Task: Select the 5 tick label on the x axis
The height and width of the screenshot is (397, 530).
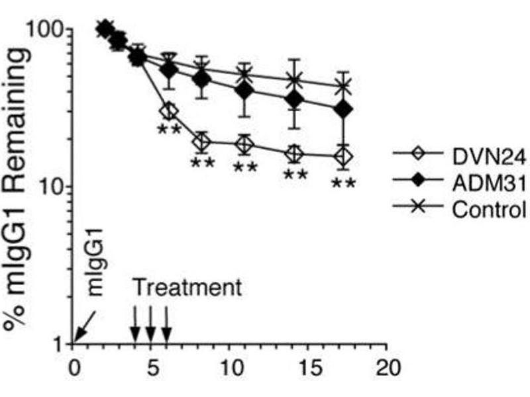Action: pos(152,366)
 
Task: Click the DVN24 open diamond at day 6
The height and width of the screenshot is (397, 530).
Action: pos(169,110)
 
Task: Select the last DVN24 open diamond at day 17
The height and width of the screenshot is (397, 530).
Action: pos(343,157)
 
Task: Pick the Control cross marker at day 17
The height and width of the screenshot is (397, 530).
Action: pos(343,86)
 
